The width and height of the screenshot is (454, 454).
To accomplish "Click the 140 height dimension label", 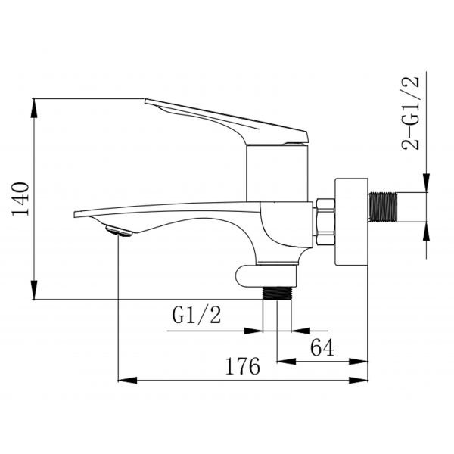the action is tap(20, 199).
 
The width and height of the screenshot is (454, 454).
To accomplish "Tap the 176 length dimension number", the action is tap(243, 366).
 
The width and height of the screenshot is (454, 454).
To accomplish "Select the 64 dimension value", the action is tap(322, 347).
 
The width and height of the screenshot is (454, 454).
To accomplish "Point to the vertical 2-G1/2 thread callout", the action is tap(410, 113).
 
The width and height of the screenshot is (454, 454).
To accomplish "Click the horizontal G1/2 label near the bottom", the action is tap(197, 315).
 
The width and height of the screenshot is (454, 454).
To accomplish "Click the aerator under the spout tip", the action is tap(119, 231).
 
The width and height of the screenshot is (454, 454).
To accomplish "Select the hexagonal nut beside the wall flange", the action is tap(325, 221).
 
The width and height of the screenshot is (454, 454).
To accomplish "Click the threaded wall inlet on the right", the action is tap(383, 207).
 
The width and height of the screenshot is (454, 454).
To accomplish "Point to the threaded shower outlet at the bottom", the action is tap(277, 293).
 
